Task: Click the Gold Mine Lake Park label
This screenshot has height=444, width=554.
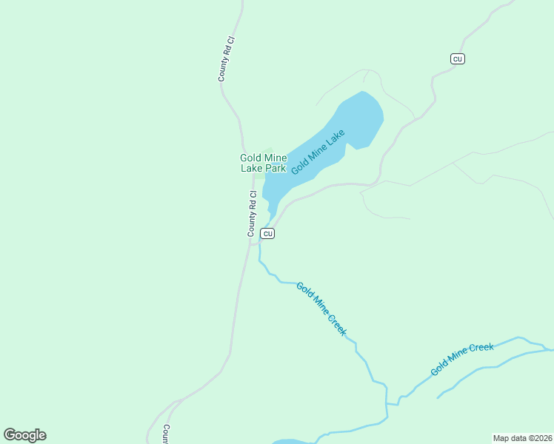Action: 263,163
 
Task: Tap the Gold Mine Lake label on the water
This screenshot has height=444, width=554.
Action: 318,152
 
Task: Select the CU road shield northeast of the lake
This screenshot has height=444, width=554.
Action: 458,58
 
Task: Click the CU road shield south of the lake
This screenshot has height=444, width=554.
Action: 268,234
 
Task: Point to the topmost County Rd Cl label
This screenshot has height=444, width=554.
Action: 225,58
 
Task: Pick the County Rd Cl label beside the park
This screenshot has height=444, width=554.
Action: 252,215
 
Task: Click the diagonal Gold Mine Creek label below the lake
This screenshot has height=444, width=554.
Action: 321,309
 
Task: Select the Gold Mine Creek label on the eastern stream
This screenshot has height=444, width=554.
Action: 462,359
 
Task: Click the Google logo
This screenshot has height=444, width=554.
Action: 24,435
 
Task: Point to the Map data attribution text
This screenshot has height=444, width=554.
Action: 523,438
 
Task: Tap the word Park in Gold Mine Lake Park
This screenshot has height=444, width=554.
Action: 275,168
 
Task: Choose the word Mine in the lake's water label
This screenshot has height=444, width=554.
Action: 318,152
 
